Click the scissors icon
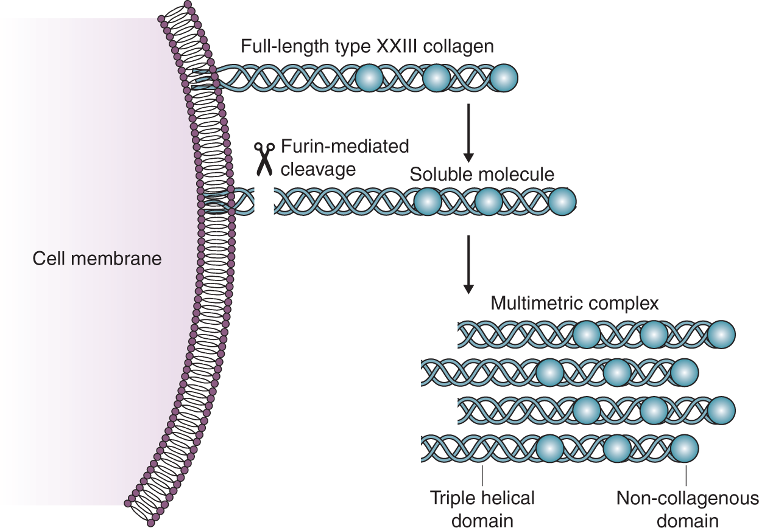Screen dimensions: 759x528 pos(264,159)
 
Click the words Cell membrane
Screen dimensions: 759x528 pos(97,259)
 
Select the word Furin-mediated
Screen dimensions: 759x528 pos(345,147)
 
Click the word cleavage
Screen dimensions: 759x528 pos(318,170)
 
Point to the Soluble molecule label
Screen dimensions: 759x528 pos(482,175)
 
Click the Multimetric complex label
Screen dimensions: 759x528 pos(574,304)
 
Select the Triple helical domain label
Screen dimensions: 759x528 pos(482,509)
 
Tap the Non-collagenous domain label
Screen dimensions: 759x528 pos(688,509)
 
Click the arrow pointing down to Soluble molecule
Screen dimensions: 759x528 pos(468,133)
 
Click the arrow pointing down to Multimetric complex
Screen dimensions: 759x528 pos(468,265)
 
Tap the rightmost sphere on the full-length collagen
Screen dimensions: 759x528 pos(504,78)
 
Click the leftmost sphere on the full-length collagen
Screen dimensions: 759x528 pos(369,78)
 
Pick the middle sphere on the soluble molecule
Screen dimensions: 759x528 pos(489,201)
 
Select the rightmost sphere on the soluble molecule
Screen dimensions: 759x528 pos(562,201)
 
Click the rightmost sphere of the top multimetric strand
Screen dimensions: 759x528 pos(721,335)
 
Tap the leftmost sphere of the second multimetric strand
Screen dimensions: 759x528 pos(550,373)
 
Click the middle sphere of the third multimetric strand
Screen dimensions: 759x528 pos(654,411)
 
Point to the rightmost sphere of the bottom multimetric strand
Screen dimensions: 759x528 pos(685,449)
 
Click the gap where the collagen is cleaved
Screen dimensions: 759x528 pos(264,201)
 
